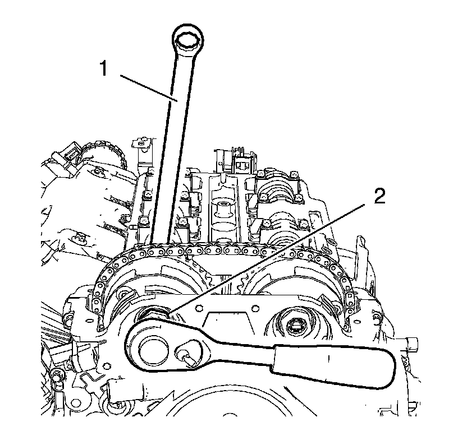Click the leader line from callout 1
146,87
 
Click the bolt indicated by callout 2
153,314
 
